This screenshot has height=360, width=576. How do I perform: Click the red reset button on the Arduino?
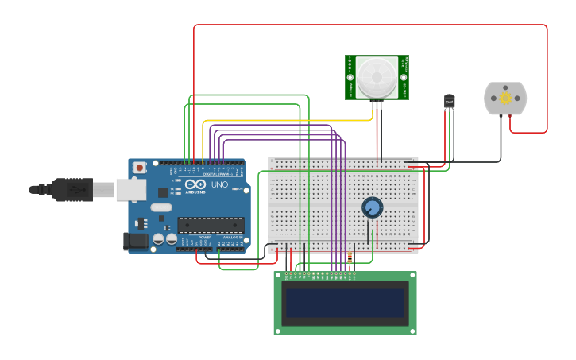point(140,168)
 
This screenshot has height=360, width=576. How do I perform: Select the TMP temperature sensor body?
point(450,102)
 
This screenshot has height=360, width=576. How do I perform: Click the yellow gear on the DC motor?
point(505,98)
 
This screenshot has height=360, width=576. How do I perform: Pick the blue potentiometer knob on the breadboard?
point(372,207)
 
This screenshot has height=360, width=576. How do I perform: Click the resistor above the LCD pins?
point(350,257)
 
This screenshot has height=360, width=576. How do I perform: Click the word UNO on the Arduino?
point(220,184)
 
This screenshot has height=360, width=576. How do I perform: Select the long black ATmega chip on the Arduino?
point(210,225)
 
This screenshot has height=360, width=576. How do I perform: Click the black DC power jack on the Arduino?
point(136,241)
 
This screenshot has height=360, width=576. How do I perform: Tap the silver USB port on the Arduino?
point(131,189)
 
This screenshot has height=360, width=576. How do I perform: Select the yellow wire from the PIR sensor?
point(286,121)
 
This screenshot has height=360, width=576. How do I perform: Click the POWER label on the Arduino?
point(204,237)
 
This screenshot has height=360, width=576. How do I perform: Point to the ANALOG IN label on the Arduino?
point(231,237)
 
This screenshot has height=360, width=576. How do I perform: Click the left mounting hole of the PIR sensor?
point(350,78)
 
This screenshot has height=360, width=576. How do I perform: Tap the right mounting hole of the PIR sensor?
point(403,78)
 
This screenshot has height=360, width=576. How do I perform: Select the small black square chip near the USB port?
point(163,192)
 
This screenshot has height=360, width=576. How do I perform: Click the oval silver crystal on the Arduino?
point(160,208)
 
